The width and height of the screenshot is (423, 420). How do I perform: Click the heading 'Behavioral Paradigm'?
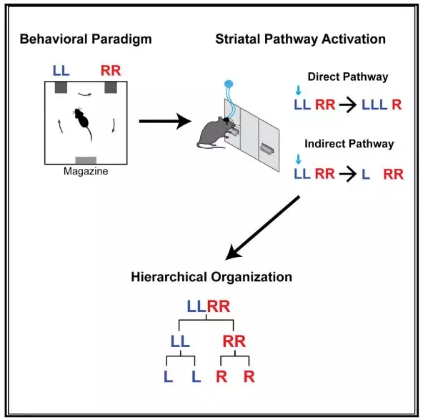coord(86,39)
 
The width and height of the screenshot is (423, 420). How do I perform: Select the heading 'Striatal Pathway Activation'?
coord(301,39)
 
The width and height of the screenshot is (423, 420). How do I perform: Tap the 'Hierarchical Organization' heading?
coord(211,277)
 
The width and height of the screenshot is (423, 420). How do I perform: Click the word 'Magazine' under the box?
coord(86,171)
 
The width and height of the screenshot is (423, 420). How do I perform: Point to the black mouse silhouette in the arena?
coord(82,122)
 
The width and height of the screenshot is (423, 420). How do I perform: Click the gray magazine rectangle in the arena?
coord(86,160)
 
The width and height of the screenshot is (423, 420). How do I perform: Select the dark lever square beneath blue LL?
coord(61,87)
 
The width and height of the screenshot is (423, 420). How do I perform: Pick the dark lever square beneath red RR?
coord(111,87)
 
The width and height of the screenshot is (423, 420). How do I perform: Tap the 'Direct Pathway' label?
coord(348,77)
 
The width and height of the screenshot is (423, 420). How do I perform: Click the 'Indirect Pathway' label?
coord(349,144)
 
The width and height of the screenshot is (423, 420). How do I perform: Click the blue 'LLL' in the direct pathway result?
coord(374,104)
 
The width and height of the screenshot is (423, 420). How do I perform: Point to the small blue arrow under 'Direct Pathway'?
coord(298,90)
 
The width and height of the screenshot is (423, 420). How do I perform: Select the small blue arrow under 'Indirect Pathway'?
coord(298,159)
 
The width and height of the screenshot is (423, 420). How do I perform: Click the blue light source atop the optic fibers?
coord(229,84)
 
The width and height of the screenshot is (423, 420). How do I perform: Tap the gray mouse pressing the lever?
coord(214,133)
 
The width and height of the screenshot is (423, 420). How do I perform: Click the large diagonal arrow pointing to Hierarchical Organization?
coord(262,228)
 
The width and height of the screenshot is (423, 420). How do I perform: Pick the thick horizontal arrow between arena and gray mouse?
coord(165,121)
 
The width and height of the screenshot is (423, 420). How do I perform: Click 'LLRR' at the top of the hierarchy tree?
coord(209,306)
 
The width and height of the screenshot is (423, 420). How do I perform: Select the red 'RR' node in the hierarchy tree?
coord(234,341)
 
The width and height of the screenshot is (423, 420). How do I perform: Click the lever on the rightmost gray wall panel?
coord(267,149)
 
